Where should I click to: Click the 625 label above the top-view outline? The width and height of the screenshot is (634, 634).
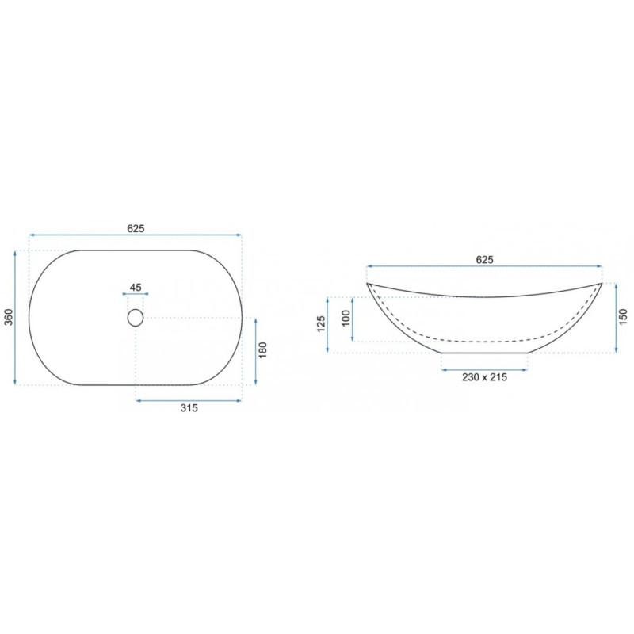(x=136, y=228)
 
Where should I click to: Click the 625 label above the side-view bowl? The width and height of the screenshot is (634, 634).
(x=484, y=260)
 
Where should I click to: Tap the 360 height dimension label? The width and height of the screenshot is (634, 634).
(x=9, y=317)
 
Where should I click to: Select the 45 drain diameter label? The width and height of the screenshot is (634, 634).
(x=136, y=288)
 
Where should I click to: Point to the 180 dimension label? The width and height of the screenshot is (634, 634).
(x=263, y=350)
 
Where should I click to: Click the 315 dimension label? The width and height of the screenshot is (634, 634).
(x=189, y=408)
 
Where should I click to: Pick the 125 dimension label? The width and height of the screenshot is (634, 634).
(x=321, y=324)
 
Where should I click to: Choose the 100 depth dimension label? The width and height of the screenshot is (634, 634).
(x=346, y=319)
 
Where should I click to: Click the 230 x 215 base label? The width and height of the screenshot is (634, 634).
(x=484, y=377)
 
